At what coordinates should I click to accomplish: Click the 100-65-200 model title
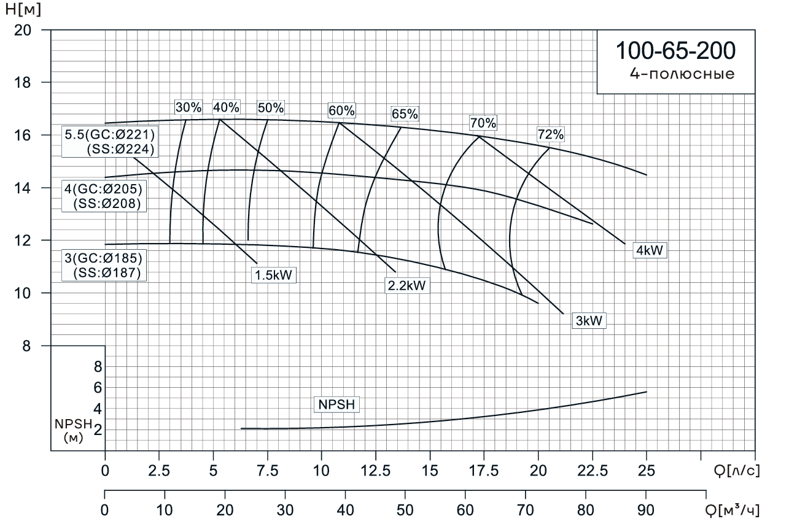(x=675, y=51)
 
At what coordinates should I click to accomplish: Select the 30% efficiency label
(x=189, y=107)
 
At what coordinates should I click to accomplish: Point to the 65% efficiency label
(x=405, y=114)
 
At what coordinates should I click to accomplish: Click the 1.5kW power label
(x=274, y=275)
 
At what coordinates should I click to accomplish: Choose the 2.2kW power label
(x=406, y=285)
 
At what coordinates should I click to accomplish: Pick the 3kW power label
(x=589, y=320)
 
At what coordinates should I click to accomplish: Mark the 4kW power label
(x=650, y=250)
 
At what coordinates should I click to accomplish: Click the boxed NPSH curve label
(x=336, y=404)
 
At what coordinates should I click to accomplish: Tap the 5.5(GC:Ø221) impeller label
(x=109, y=134)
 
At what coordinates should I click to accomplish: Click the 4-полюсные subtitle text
(x=682, y=74)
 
